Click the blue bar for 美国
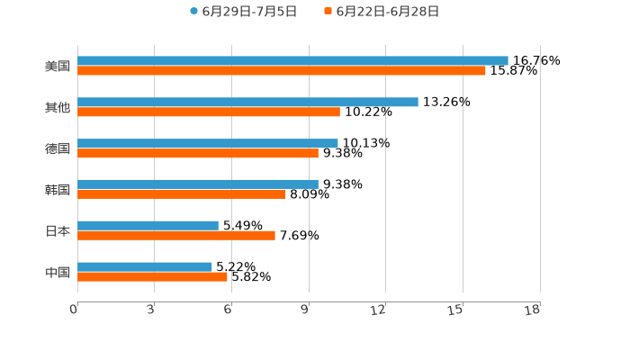click(292, 61)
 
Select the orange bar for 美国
click(282, 71)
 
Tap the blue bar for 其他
click(247, 103)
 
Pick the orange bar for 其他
click(209, 112)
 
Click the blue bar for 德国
click(208, 143)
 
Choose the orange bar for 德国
click(198, 153)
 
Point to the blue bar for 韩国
click(198, 184)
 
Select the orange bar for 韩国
click(182, 193)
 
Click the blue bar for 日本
click(148, 225)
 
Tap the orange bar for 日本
click(176, 235)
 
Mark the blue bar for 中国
click(145, 266)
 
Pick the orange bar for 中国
click(152, 276)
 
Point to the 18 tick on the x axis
click(532, 310)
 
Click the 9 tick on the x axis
click(304, 310)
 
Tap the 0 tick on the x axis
click(74, 310)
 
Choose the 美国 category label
click(58, 67)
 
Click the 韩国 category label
click(58, 190)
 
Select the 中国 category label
click(58, 272)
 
